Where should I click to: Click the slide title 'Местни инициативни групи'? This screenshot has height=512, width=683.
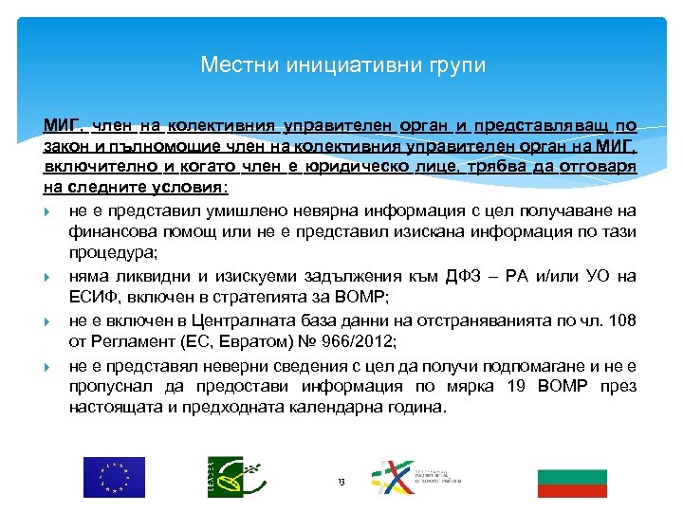(x=342, y=65)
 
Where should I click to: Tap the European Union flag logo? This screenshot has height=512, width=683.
(x=114, y=477)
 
